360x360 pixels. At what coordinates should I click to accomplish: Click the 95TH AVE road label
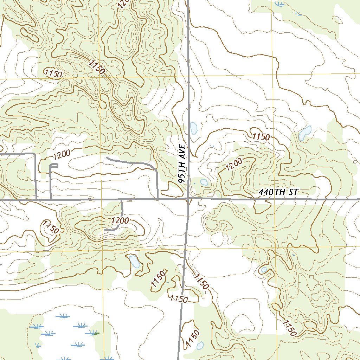coord(182,164)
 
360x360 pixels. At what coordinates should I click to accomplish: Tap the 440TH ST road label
coord(278,192)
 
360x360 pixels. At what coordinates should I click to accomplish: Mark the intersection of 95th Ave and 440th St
coord(188,199)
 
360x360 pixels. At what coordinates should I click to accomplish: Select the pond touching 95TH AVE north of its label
coord(193,129)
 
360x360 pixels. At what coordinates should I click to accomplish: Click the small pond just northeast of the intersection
coord(204,182)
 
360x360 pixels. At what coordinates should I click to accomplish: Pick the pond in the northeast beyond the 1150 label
coord(304,133)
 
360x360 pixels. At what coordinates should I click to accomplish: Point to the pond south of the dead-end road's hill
coord(134,261)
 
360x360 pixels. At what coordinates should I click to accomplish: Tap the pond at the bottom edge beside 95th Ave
coord(200,346)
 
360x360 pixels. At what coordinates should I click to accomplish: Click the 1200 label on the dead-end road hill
coord(120,221)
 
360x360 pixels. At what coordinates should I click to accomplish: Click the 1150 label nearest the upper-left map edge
coord(54,73)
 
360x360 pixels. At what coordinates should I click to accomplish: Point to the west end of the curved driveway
coord(107,159)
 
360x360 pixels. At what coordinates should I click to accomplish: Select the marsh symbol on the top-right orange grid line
coord(280,4)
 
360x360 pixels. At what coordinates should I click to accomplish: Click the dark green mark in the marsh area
coord(97,333)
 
